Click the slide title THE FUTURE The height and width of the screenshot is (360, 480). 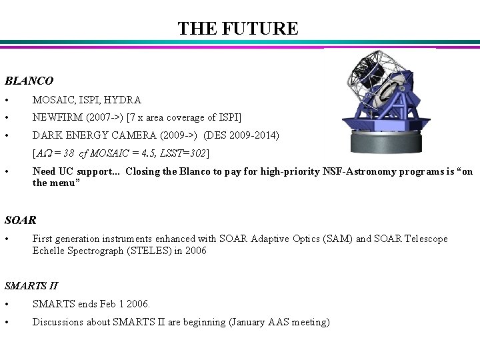(238, 29)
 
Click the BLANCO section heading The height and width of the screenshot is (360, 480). (29, 81)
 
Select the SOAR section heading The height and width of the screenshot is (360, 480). (21, 219)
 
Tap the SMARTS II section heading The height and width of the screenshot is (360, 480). (31, 285)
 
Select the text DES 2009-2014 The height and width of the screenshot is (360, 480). (242, 136)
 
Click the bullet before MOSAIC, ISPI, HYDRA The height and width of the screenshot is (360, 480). (7, 101)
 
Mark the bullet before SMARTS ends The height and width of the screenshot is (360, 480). (7, 305)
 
